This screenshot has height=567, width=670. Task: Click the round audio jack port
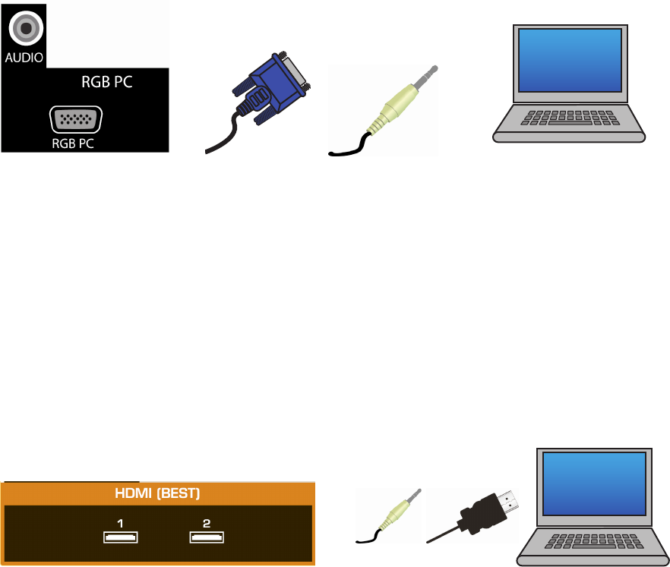(26, 28)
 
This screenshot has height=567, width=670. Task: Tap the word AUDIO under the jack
(24, 58)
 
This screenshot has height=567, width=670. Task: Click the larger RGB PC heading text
(107, 82)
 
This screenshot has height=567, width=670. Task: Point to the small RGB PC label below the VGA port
(73, 143)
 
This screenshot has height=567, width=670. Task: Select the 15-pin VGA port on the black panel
(76, 120)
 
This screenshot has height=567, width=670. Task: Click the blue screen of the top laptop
(570, 60)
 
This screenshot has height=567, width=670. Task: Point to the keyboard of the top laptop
(570, 118)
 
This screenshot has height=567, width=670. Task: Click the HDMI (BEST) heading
(157, 493)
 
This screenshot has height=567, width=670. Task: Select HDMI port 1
(121, 537)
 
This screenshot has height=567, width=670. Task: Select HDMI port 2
(207, 537)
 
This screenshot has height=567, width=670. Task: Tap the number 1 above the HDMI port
(120, 524)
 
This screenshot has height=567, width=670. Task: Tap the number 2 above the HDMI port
(207, 524)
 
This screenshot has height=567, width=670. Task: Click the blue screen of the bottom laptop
(594, 484)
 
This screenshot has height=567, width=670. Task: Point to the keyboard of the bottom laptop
(594, 541)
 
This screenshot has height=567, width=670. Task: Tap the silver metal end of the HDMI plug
(508, 502)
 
